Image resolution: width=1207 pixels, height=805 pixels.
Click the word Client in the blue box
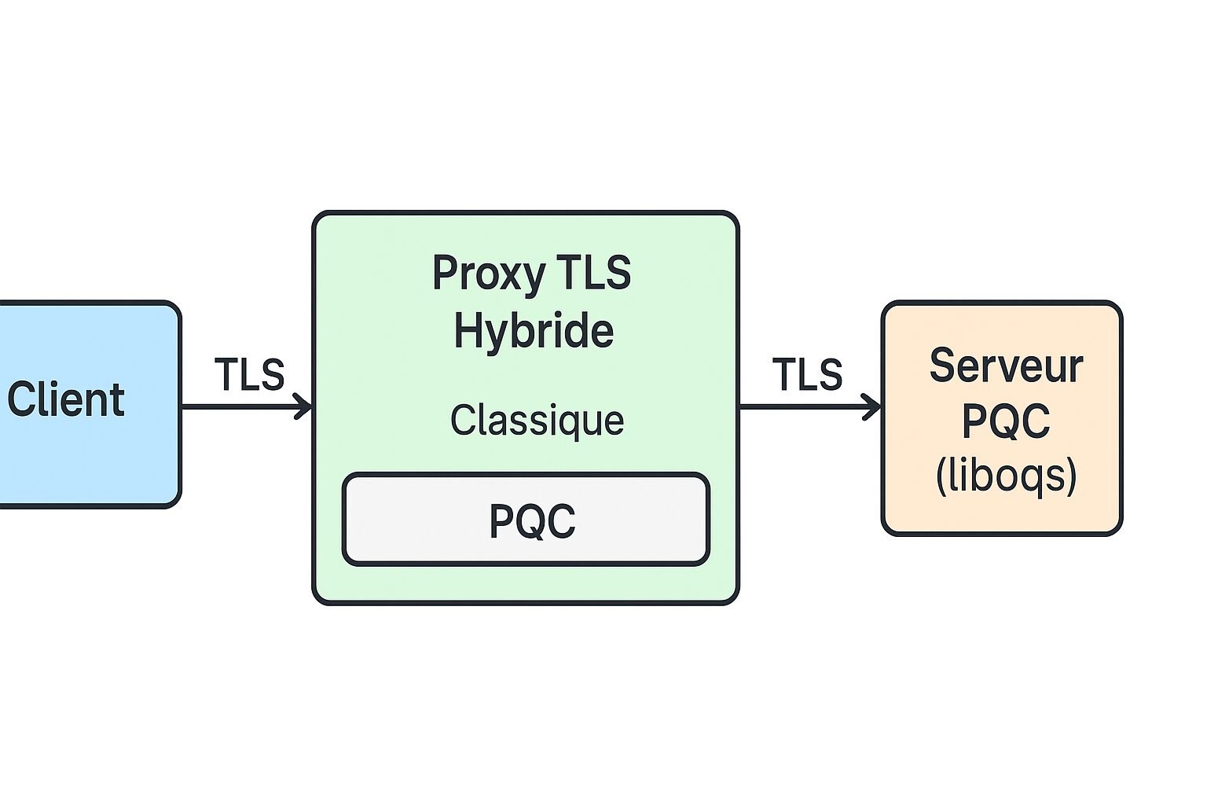click(66, 399)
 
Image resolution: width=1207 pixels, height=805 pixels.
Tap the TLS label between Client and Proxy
click(249, 374)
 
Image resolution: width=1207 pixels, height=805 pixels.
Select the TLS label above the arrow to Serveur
click(807, 374)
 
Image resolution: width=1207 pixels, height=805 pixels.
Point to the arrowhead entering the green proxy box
click(305, 406)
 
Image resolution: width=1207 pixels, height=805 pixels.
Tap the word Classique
click(537, 420)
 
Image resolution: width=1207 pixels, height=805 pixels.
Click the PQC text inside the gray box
click(532, 520)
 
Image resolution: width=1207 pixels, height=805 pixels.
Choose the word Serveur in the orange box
click(1006, 366)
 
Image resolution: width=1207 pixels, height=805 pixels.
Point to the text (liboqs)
click(1006, 475)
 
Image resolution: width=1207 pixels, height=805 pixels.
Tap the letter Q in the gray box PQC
click(533, 520)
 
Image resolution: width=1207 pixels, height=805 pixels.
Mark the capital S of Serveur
click(941, 366)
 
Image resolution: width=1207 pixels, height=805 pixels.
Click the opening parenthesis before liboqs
click(941, 476)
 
